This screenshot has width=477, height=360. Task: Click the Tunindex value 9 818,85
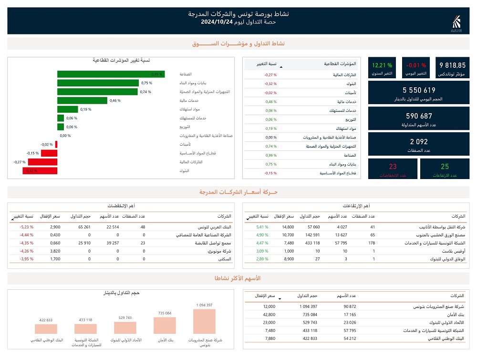[452, 65]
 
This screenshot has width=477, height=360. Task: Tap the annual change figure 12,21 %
[382, 65]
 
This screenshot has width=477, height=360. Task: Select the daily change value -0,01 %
[416, 65]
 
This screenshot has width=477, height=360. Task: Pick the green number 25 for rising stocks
[445, 167]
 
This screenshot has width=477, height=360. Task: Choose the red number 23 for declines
[393, 167]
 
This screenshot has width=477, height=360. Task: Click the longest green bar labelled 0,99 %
[111, 74]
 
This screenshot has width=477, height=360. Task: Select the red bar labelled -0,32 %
[40, 170]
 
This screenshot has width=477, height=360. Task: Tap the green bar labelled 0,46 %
[82, 100]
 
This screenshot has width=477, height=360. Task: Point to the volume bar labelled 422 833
[46, 329]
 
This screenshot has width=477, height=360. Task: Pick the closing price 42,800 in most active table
[269, 315]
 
